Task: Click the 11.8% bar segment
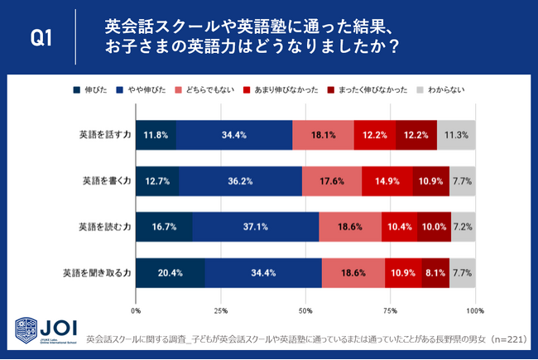tap(156, 135)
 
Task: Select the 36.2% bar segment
tap(240, 180)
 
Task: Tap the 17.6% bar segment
tap(331, 180)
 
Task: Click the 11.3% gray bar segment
tap(456, 135)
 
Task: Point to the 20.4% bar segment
tap(171, 272)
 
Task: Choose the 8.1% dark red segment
tap(435, 272)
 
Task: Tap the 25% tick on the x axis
tap(221, 311)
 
